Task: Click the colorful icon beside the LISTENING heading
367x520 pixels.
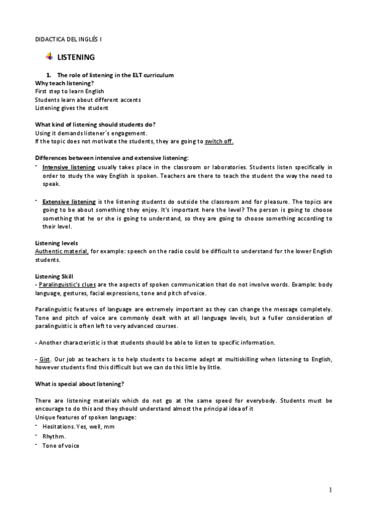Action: [x=49, y=57]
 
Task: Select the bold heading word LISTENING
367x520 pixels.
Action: [x=75, y=58]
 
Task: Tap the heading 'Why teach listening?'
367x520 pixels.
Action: [x=64, y=83]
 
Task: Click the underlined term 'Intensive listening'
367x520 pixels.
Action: [x=69, y=167]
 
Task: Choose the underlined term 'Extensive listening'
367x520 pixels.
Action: [x=69, y=201]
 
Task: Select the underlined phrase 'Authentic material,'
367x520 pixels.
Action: [x=62, y=251]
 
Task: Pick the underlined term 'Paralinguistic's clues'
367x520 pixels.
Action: [x=70, y=285]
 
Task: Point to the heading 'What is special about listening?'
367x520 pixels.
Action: [x=80, y=383]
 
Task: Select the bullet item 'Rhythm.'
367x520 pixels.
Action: [x=54, y=436]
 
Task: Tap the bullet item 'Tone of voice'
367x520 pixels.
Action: [x=61, y=446]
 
